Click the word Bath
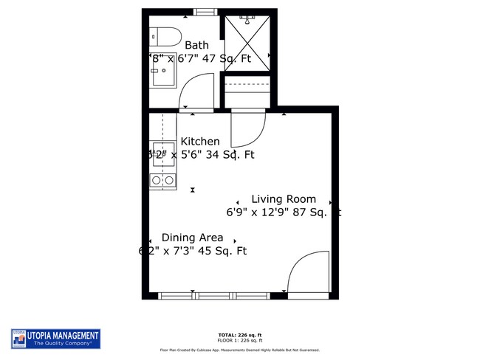pyautogui.click(x=196, y=45)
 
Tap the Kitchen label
pyautogui.click(x=200, y=142)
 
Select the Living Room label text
pyautogui.click(x=284, y=199)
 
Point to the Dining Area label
pyautogui.click(x=192, y=238)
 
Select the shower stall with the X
pyautogui.click(x=247, y=41)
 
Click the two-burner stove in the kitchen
pyautogui.click(x=162, y=180)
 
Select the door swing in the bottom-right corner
pyautogui.click(x=306, y=274)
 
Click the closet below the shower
pyautogui.click(x=248, y=92)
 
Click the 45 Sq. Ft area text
pyautogui.click(x=224, y=251)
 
